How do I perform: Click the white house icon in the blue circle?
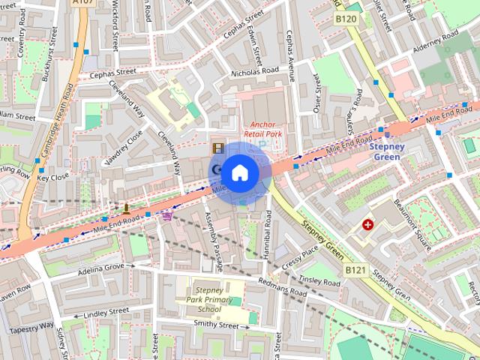[x=239, y=172]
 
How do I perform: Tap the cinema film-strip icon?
[x=217, y=149]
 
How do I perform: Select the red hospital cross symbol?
[x=368, y=224]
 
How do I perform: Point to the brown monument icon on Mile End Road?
[x=126, y=208]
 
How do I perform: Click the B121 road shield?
[x=355, y=268]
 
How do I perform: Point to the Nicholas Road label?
[x=255, y=73]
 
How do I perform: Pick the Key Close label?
[x=52, y=178]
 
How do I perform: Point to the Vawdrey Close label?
[x=124, y=147]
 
